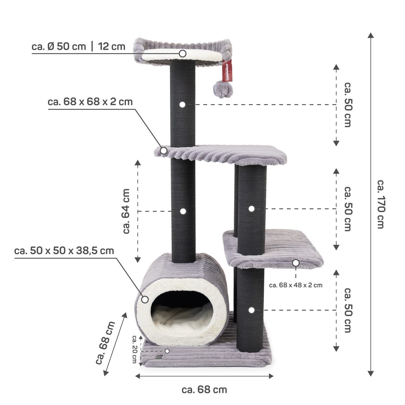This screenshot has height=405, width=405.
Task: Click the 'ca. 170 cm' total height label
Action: coord(380,204)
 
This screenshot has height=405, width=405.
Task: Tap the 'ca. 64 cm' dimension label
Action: coord(126,211)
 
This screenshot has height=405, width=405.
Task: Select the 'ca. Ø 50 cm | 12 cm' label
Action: coord(78,47)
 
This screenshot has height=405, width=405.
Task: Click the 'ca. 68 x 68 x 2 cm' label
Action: coord(90,102)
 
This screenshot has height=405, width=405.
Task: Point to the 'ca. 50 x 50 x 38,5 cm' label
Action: coord(64,251)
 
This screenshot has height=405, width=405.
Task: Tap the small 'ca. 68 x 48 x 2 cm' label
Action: coord(296,285)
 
